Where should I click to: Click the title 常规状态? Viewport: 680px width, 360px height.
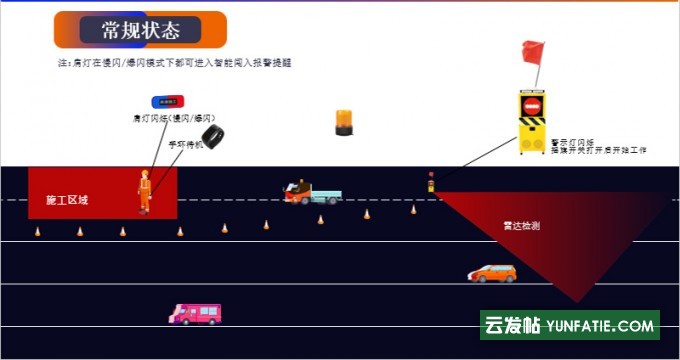141,30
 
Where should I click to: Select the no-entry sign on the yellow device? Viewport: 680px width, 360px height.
532,106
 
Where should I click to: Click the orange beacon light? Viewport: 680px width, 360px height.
344,122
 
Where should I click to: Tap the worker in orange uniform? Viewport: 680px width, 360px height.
145,191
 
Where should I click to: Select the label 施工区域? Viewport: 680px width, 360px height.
67,201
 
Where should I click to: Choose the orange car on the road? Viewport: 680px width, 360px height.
492,272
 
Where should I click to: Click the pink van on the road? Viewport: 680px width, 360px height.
195,314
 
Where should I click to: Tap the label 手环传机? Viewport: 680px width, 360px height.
185,145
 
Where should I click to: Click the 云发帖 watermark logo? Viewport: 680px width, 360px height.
512,326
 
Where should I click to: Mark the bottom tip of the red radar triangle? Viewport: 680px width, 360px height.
578,301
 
